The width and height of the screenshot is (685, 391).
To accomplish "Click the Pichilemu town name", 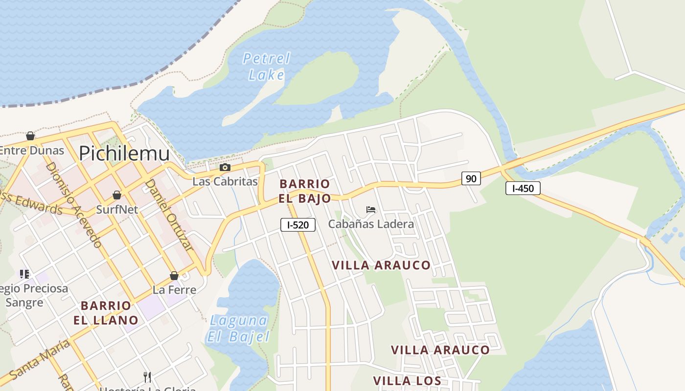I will [x=124, y=153].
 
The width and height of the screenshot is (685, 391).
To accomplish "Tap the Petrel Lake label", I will [x=266, y=67].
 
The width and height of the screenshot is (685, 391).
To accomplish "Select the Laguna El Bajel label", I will [x=238, y=328].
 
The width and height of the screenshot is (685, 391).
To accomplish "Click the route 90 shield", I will [x=471, y=178].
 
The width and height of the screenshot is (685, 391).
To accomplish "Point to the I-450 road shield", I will [x=523, y=188].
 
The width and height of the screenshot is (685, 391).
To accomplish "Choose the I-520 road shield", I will [x=297, y=225].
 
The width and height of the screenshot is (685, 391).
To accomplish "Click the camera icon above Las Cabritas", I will [x=225, y=168].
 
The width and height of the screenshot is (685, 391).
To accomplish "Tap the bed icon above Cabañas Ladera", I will [x=371, y=210].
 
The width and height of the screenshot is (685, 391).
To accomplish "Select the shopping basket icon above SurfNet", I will [x=117, y=195].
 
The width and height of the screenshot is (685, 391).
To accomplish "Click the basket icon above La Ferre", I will [x=174, y=276].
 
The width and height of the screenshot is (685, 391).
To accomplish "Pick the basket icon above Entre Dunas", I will [x=30, y=135].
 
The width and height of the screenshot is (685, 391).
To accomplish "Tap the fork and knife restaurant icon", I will [x=147, y=377].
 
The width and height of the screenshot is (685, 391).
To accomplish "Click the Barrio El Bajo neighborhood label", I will [x=304, y=191].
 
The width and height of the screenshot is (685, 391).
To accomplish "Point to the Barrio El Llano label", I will [x=106, y=313].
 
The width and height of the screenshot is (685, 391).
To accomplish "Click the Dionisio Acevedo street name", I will [x=74, y=205].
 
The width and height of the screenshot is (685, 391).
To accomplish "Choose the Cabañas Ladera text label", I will [x=371, y=224].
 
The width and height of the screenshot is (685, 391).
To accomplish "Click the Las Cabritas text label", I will [x=225, y=181].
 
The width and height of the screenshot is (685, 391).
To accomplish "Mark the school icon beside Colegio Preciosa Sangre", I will [x=24, y=274].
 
